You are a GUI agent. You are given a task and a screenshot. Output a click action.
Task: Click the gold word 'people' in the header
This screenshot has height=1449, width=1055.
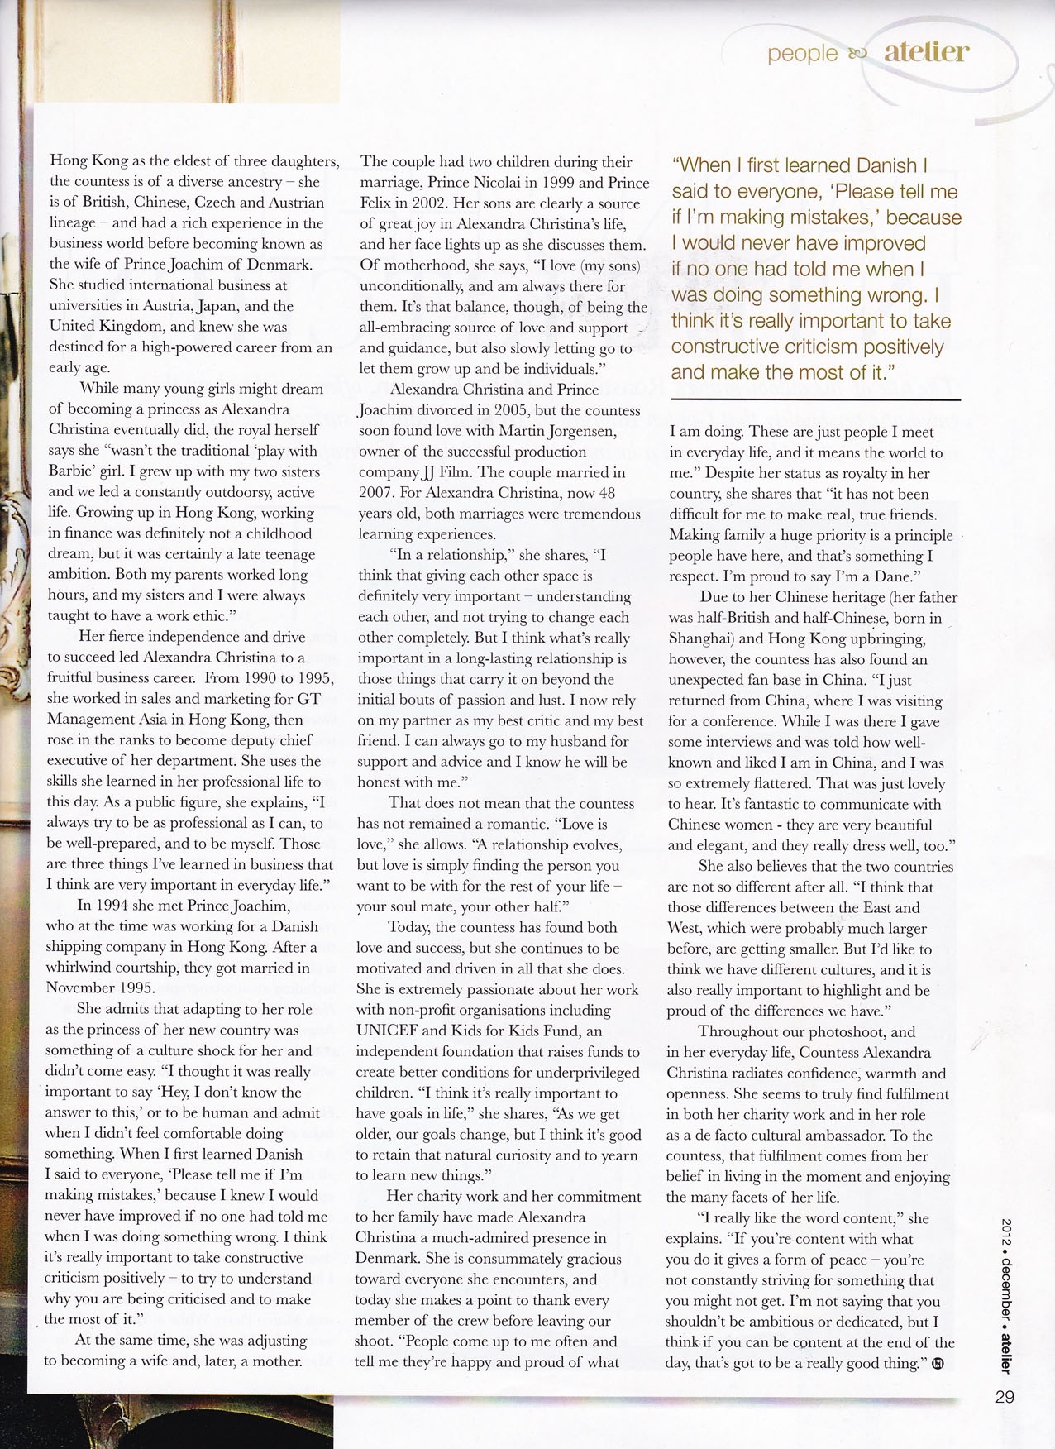point(802,54)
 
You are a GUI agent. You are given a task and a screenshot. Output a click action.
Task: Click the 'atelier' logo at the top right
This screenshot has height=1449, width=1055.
point(926,51)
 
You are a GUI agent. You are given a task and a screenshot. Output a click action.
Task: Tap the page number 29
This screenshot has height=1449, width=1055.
point(1005,1397)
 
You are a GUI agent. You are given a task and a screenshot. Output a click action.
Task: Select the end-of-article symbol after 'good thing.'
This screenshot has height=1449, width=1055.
point(938,1364)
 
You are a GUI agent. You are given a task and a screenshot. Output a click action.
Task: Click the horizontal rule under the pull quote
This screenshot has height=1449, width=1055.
point(815,400)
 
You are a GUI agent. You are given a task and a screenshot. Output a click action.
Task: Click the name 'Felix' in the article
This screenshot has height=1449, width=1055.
point(378,203)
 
